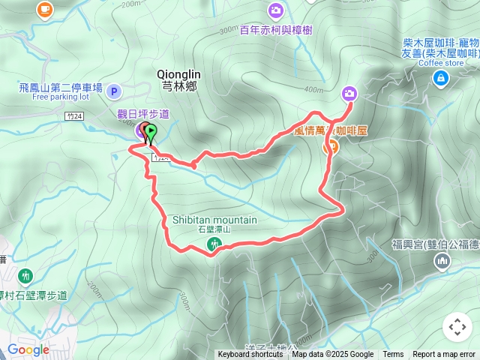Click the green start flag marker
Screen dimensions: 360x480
[x=150, y=133]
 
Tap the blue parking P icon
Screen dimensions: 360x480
[x=114, y=91]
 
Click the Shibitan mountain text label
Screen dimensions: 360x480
[x=214, y=220]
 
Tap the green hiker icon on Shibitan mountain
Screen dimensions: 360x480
[x=214, y=244]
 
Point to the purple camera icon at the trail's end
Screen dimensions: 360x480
[x=349, y=94]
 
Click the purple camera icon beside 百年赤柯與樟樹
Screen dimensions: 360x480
[x=276, y=10]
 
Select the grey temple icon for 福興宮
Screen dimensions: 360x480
[x=442, y=260]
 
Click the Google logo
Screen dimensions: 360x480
[x=28, y=349]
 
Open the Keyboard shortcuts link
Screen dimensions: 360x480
[x=250, y=355]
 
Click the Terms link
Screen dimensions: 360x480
[x=393, y=355]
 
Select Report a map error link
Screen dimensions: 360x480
[x=445, y=355]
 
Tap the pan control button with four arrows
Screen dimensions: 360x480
[x=457, y=327]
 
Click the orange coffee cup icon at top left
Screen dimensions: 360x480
[x=44, y=9]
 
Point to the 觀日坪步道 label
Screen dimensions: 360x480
[x=143, y=113]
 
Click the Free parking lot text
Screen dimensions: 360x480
[x=61, y=97]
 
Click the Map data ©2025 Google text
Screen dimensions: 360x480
[x=332, y=355]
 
